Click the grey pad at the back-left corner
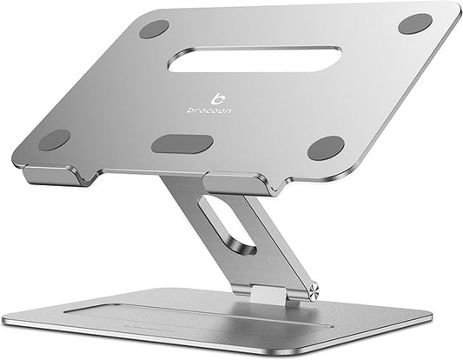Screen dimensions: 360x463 point(154,29)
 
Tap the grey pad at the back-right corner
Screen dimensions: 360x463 point(415,23)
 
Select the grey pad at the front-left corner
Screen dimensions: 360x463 point(54,140)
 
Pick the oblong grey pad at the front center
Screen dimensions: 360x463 point(182,143)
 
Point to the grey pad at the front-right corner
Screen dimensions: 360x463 point(326,148)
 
